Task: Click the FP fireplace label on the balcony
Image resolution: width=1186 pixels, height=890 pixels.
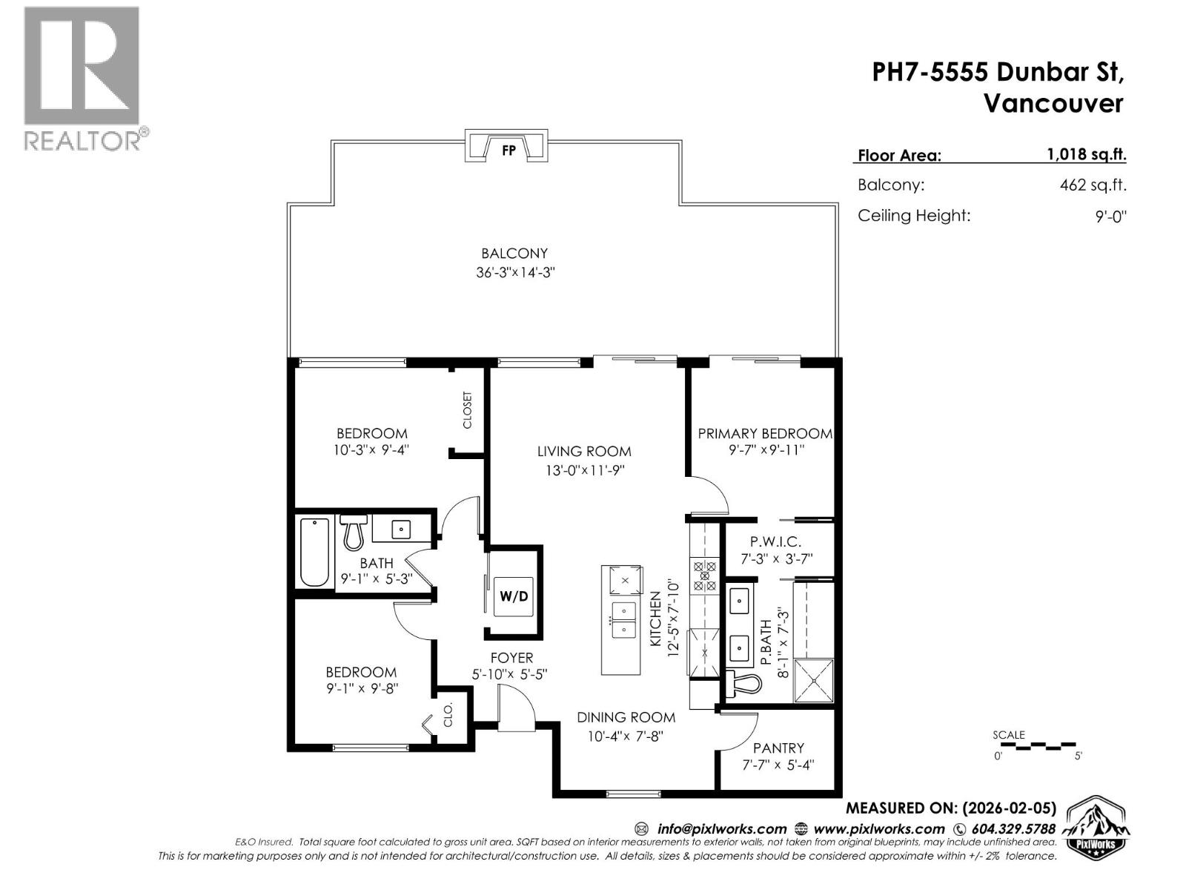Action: click(508, 150)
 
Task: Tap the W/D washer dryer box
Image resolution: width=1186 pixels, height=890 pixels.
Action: click(514, 596)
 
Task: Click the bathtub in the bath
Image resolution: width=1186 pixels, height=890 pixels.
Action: click(315, 553)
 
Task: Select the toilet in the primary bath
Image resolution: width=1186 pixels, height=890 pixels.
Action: click(742, 684)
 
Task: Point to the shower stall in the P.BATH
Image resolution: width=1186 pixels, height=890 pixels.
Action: click(813, 679)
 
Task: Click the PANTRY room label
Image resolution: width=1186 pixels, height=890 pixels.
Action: click(778, 748)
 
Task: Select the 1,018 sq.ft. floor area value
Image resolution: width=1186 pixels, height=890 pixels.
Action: click(1086, 154)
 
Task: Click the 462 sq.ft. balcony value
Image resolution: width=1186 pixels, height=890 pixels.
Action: click(1093, 185)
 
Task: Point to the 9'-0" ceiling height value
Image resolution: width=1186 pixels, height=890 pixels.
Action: click(1110, 217)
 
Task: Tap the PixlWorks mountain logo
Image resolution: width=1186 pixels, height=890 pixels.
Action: click(1098, 827)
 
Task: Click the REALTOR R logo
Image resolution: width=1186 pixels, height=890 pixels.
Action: click(82, 67)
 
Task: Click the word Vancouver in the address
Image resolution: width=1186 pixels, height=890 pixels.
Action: click(1053, 104)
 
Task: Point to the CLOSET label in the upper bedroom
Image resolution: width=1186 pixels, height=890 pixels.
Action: click(467, 410)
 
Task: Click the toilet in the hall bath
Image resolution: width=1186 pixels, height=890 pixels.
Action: click(354, 531)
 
